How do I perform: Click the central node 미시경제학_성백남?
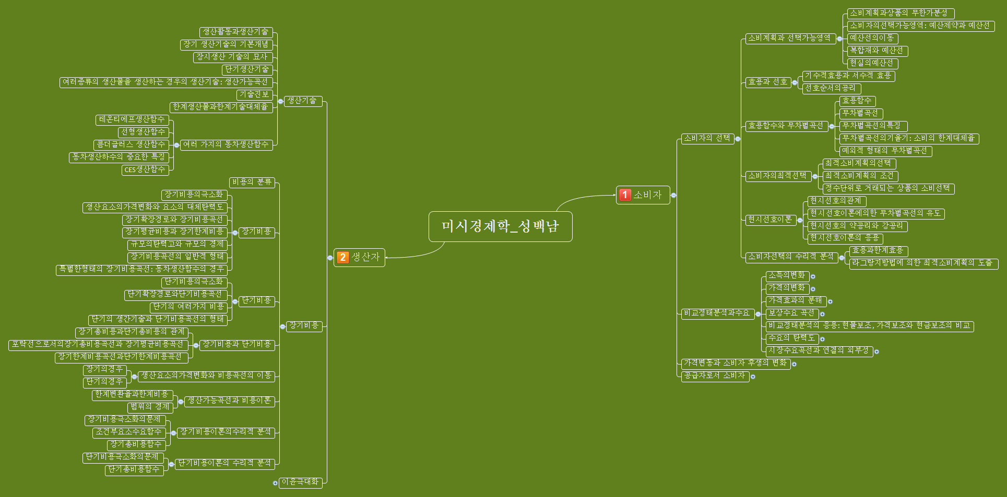pos(500,226)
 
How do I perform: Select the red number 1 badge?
pos(625,195)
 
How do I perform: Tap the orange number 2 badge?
pos(342,257)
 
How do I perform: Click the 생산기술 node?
pos(302,101)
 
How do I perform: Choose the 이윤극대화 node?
pos(300,482)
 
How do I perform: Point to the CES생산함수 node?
pos(145,169)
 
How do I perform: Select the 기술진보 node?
pos(254,94)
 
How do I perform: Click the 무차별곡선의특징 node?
pos(873,126)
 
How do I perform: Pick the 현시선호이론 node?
pos(770,220)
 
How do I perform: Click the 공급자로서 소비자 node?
pos(715,375)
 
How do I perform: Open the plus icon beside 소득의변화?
pos(813,276)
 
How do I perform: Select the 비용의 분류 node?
pos(252,182)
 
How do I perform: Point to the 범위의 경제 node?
pos(150,407)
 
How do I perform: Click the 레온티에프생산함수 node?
pos(132,119)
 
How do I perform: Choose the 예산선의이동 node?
pos(872,38)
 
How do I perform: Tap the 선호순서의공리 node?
pos(831,88)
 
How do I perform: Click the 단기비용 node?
pos(256,301)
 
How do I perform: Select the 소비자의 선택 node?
pos(707,138)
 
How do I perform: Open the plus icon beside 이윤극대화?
pos(275,483)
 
